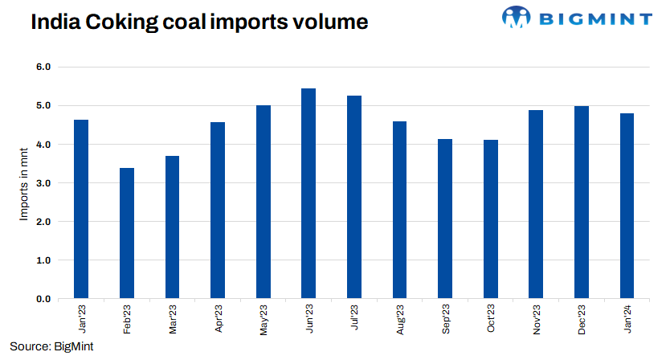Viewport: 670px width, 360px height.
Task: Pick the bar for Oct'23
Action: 491,219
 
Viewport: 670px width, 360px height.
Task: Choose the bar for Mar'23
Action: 172,227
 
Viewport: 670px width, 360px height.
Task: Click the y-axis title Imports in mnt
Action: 23,182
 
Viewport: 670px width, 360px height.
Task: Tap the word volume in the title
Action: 330,22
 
